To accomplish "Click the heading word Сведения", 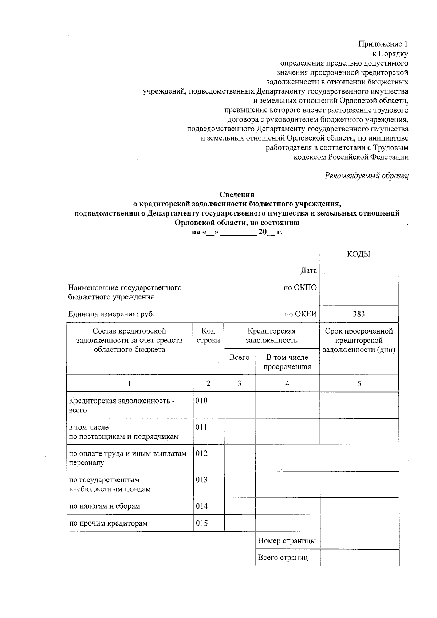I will pos(237,194).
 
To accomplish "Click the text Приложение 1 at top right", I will pos(383,44).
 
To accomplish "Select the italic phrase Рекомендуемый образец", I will pos(366,176).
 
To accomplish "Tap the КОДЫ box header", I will pos(358,254).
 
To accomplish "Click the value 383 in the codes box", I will pos(358,314).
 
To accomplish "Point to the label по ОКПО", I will pos(300,288).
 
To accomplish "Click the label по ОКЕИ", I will pos(301,314).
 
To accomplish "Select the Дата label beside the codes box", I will pos(308,271).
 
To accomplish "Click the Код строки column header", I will pos(208,335).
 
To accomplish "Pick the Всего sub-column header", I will pos(239,357).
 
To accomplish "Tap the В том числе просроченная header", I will pos(287,362).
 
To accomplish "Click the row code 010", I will pos(201,401).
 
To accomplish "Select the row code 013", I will pos(201,480).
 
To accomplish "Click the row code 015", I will pos(201,523).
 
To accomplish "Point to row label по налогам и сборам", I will pos(105,506).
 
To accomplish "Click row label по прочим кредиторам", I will pos(108,523).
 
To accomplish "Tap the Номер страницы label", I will pos(287,541).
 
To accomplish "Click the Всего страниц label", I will pos(283,558).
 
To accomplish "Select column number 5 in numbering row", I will pos(359,383).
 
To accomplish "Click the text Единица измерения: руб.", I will pos(111,314).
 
